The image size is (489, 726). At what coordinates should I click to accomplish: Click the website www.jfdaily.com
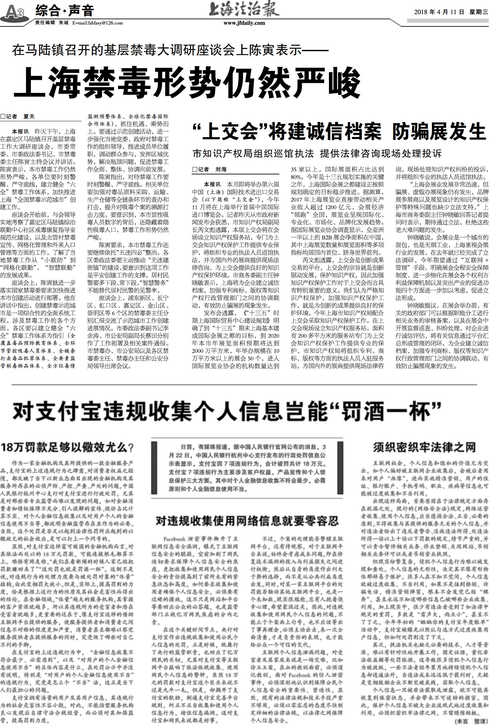click(x=244, y=23)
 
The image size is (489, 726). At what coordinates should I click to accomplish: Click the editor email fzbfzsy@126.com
click(x=97, y=23)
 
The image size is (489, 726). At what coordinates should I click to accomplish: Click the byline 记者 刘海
click(x=211, y=169)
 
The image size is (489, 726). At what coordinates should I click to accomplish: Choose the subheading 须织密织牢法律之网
click(x=424, y=447)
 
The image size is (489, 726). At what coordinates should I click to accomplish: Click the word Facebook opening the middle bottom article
click(x=175, y=539)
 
